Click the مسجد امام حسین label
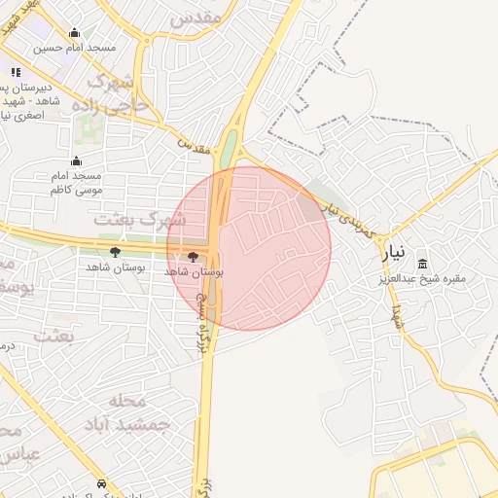pos(75,47)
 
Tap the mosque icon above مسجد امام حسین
pos(75,32)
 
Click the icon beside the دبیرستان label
pos(15,72)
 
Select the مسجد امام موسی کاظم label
pos(77,183)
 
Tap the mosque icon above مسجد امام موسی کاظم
pos(77,161)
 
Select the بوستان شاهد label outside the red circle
pos(115,267)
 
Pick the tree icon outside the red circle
pos(115,252)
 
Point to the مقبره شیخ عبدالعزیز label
pos(423,278)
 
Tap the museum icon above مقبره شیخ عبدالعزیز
pos(422,264)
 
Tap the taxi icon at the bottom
pos(102,484)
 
